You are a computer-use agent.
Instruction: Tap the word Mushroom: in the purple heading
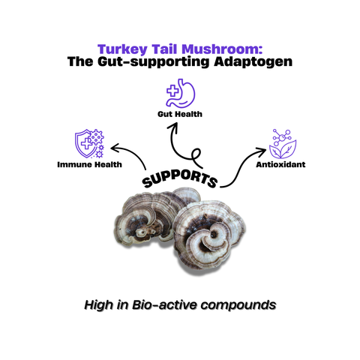click(212, 46)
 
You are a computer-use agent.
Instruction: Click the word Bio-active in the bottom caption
click(170, 305)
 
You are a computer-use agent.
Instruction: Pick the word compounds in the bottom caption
click(237, 305)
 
